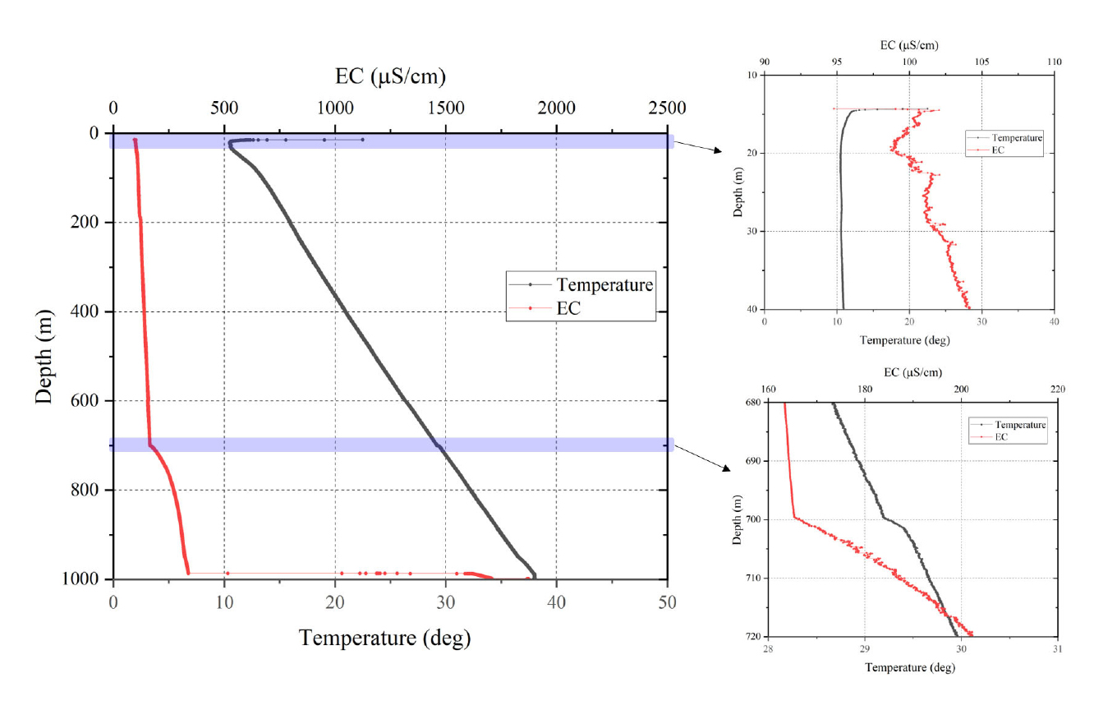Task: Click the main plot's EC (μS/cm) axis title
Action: point(390,77)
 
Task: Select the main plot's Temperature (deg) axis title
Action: point(384,639)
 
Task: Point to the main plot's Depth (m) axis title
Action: point(47,356)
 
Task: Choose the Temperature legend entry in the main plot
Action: point(604,285)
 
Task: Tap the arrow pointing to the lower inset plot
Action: point(706,460)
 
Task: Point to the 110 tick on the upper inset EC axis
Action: point(1055,62)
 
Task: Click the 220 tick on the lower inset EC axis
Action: point(1057,390)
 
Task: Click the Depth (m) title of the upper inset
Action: point(738,191)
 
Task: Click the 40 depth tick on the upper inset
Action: point(752,309)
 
